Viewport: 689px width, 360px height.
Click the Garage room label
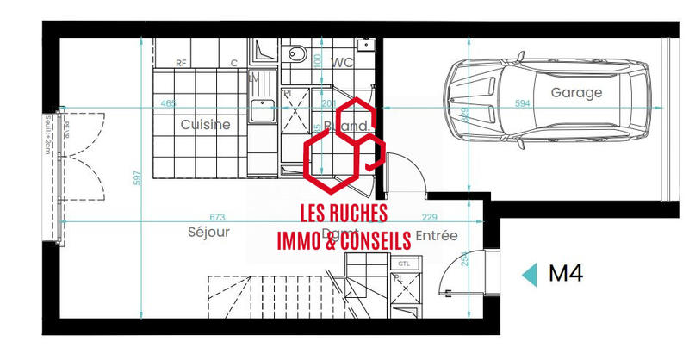(x=576, y=92)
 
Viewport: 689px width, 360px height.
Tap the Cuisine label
(x=206, y=125)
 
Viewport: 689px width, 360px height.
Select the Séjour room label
(x=208, y=233)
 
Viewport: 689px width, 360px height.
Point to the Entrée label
(x=437, y=235)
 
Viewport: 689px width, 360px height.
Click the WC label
(x=344, y=62)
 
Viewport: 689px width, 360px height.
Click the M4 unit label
(x=566, y=274)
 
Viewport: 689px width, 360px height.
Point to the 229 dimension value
(x=428, y=217)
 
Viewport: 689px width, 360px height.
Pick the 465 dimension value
(x=168, y=104)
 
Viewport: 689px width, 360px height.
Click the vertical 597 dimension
(x=135, y=177)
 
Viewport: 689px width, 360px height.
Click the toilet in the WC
(x=297, y=53)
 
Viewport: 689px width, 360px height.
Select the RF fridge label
(x=181, y=63)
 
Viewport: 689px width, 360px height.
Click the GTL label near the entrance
(x=403, y=264)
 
